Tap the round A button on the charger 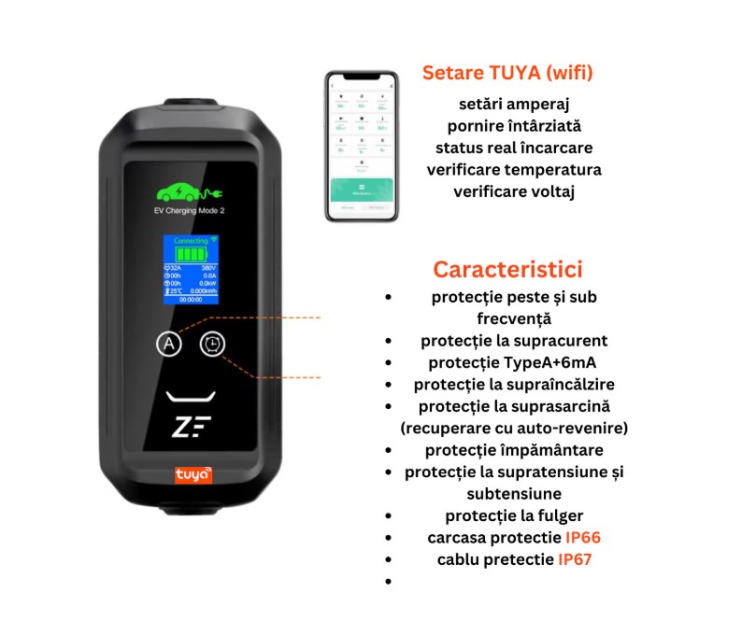pyautogui.click(x=168, y=344)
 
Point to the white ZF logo pyautogui.click(x=192, y=427)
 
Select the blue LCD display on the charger pyautogui.click(x=190, y=269)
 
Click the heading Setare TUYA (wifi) pyautogui.click(x=507, y=73)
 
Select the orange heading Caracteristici pyautogui.click(x=507, y=269)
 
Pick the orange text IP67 pyautogui.click(x=575, y=559)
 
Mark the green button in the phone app pyautogui.click(x=361, y=190)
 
